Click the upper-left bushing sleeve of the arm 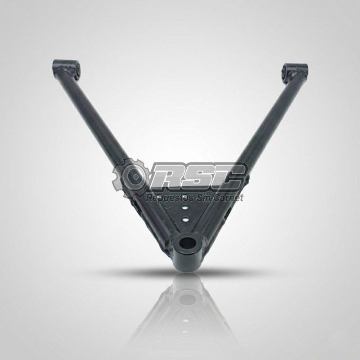click(66, 68)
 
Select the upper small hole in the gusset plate click(184, 208)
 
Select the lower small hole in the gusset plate click(185, 219)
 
